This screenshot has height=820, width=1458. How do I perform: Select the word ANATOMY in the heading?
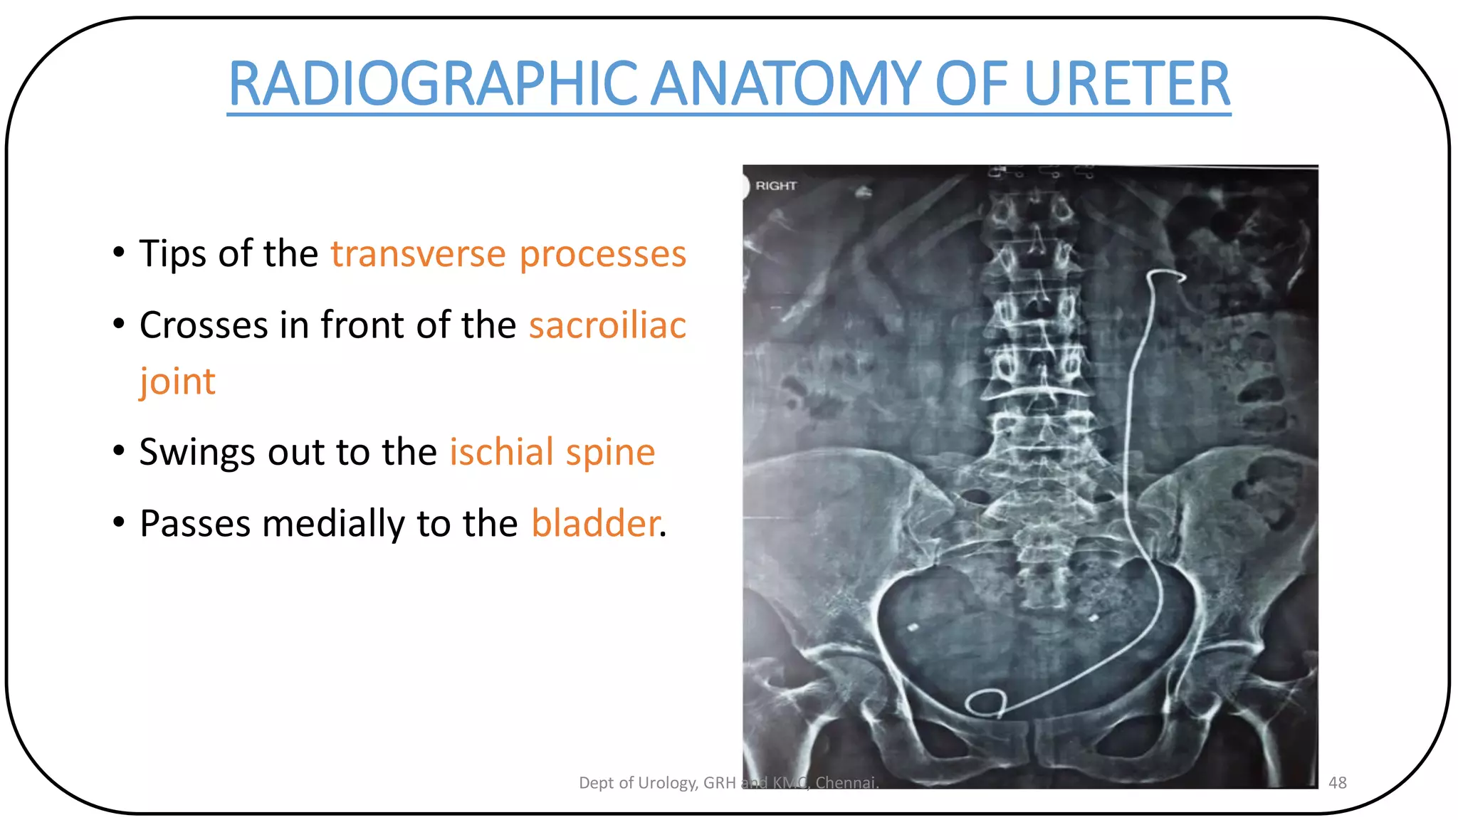[787, 84]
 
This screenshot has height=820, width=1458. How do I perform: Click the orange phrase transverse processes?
[508, 254]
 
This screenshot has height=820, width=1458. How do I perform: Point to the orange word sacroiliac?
[607, 325]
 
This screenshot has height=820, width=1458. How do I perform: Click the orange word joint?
[177, 382]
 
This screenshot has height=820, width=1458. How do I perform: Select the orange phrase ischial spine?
[552, 452]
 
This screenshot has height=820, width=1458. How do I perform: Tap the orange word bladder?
[595, 523]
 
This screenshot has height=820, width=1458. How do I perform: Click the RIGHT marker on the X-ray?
[775, 186]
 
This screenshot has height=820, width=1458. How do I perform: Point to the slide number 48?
[1337, 782]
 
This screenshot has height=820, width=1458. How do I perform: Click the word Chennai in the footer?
[846, 782]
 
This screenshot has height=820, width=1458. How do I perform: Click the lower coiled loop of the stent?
[985, 703]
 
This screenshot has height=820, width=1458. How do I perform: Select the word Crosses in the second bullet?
[204, 325]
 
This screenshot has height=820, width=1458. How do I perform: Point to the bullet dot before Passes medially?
[119, 522]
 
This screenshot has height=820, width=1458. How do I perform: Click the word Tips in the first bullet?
[173, 254]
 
